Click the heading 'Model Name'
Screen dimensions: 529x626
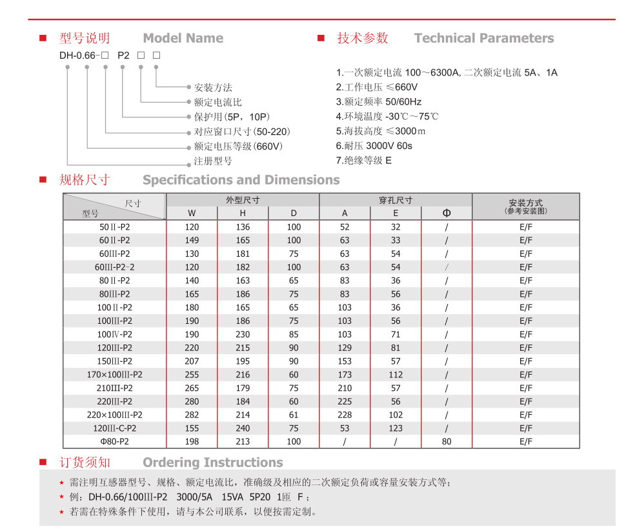point(183,39)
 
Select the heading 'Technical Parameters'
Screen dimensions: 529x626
point(483,39)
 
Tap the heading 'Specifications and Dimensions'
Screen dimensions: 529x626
point(241,180)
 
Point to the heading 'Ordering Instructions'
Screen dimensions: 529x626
point(212,463)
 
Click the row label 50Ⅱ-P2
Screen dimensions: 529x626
point(114,227)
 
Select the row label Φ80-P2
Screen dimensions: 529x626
point(114,442)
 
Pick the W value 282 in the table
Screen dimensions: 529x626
point(192,415)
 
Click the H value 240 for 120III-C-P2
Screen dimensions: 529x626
point(243,428)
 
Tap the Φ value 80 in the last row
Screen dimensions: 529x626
point(447,442)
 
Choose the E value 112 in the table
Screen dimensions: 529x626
point(396,374)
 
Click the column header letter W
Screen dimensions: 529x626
point(192,214)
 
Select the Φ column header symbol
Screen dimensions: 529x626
point(447,214)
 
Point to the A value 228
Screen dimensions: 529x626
point(345,415)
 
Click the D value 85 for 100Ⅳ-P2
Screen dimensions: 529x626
point(294,334)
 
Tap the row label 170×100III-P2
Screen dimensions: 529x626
point(114,374)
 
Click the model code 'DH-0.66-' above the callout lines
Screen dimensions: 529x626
point(79,55)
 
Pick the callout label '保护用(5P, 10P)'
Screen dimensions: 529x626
point(226,117)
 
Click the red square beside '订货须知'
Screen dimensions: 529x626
point(43,463)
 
